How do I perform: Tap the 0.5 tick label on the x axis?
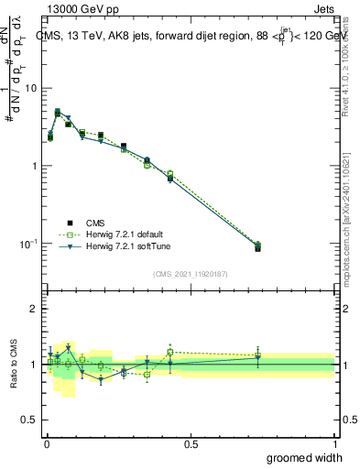[191, 444]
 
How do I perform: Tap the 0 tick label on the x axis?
[46, 444]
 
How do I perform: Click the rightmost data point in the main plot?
[257, 247]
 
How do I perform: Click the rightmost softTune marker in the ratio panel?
[257, 358]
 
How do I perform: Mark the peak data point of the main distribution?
[58, 113]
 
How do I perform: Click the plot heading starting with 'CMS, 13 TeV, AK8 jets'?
[188, 37]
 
